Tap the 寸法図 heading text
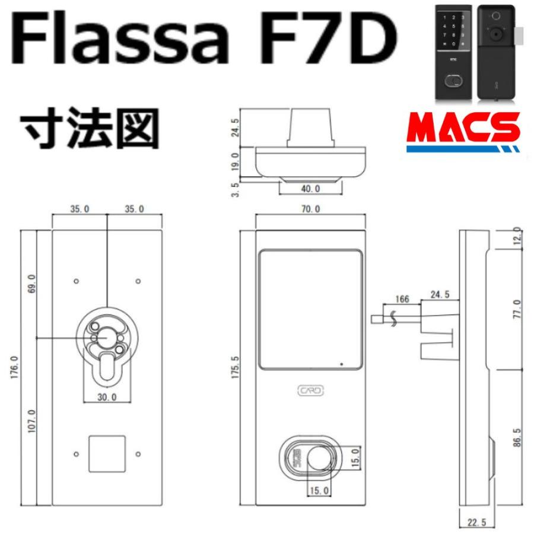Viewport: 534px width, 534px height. coord(89,127)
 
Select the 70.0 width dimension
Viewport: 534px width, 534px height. coord(310,209)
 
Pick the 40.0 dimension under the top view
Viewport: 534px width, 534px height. coord(309,188)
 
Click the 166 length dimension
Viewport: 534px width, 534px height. coord(402,299)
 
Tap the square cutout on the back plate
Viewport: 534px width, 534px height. coord(107,454)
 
